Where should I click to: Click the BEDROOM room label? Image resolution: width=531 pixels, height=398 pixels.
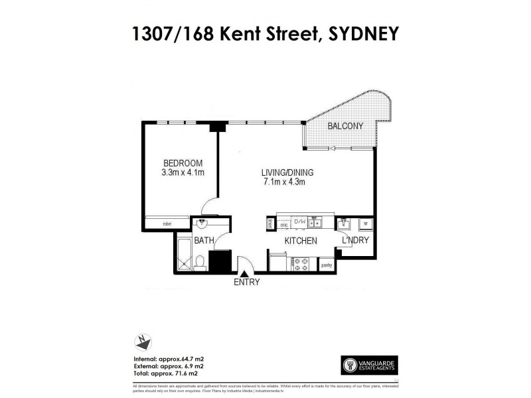pyautogui.click(x=183, y=163)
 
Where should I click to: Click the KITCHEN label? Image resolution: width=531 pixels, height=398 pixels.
pyautogui.click(x=301, y=241)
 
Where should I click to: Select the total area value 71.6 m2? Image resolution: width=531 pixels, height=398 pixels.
pyautogui.click(x=190, y=371)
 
